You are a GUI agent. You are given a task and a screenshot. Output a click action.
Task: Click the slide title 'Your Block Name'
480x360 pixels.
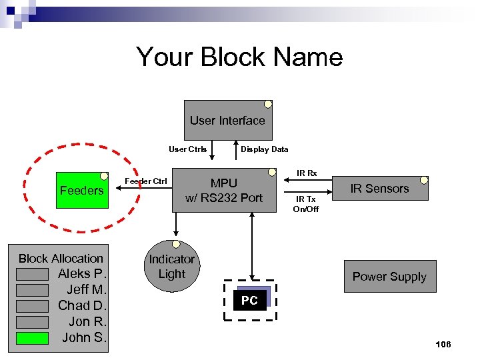pos(239,57)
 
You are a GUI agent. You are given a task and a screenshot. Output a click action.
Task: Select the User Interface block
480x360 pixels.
pos(227,121)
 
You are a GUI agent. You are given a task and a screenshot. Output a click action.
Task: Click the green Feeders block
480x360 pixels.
pos(81,191)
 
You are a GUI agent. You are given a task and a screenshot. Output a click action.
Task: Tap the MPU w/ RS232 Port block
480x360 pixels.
pos(224,191)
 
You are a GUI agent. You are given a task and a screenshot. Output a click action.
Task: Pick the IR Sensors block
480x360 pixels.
pos(379,189)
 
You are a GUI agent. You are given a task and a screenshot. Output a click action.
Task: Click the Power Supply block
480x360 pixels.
pos(389,277)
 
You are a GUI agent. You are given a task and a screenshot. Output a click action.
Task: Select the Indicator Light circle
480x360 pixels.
pos(171,267)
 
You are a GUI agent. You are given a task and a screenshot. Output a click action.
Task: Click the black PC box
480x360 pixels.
pos(249,301)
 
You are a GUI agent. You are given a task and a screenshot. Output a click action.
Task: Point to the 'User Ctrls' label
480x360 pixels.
pos(187,149)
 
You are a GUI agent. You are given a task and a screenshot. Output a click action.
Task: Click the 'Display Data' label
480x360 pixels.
pos(264,149)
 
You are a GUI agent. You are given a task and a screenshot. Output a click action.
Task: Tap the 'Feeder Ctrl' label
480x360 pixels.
pos(146,181)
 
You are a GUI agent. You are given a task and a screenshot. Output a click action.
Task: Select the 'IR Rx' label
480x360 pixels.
pos(307,173)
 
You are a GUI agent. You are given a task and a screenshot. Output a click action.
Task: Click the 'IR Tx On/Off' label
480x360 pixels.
pos(306,204)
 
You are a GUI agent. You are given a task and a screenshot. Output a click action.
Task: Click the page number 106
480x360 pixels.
pos(443,344)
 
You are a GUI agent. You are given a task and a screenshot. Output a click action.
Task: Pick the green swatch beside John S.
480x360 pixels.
pos(33,338)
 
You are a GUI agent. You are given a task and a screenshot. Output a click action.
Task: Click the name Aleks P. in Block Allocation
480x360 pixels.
pos(82,274)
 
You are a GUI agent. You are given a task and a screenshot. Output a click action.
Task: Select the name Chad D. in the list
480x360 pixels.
pos(82,306)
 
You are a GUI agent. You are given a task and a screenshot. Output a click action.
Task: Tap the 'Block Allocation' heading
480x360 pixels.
pos(61,259)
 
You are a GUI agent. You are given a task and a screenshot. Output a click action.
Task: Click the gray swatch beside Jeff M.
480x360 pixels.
pos(33,290)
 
